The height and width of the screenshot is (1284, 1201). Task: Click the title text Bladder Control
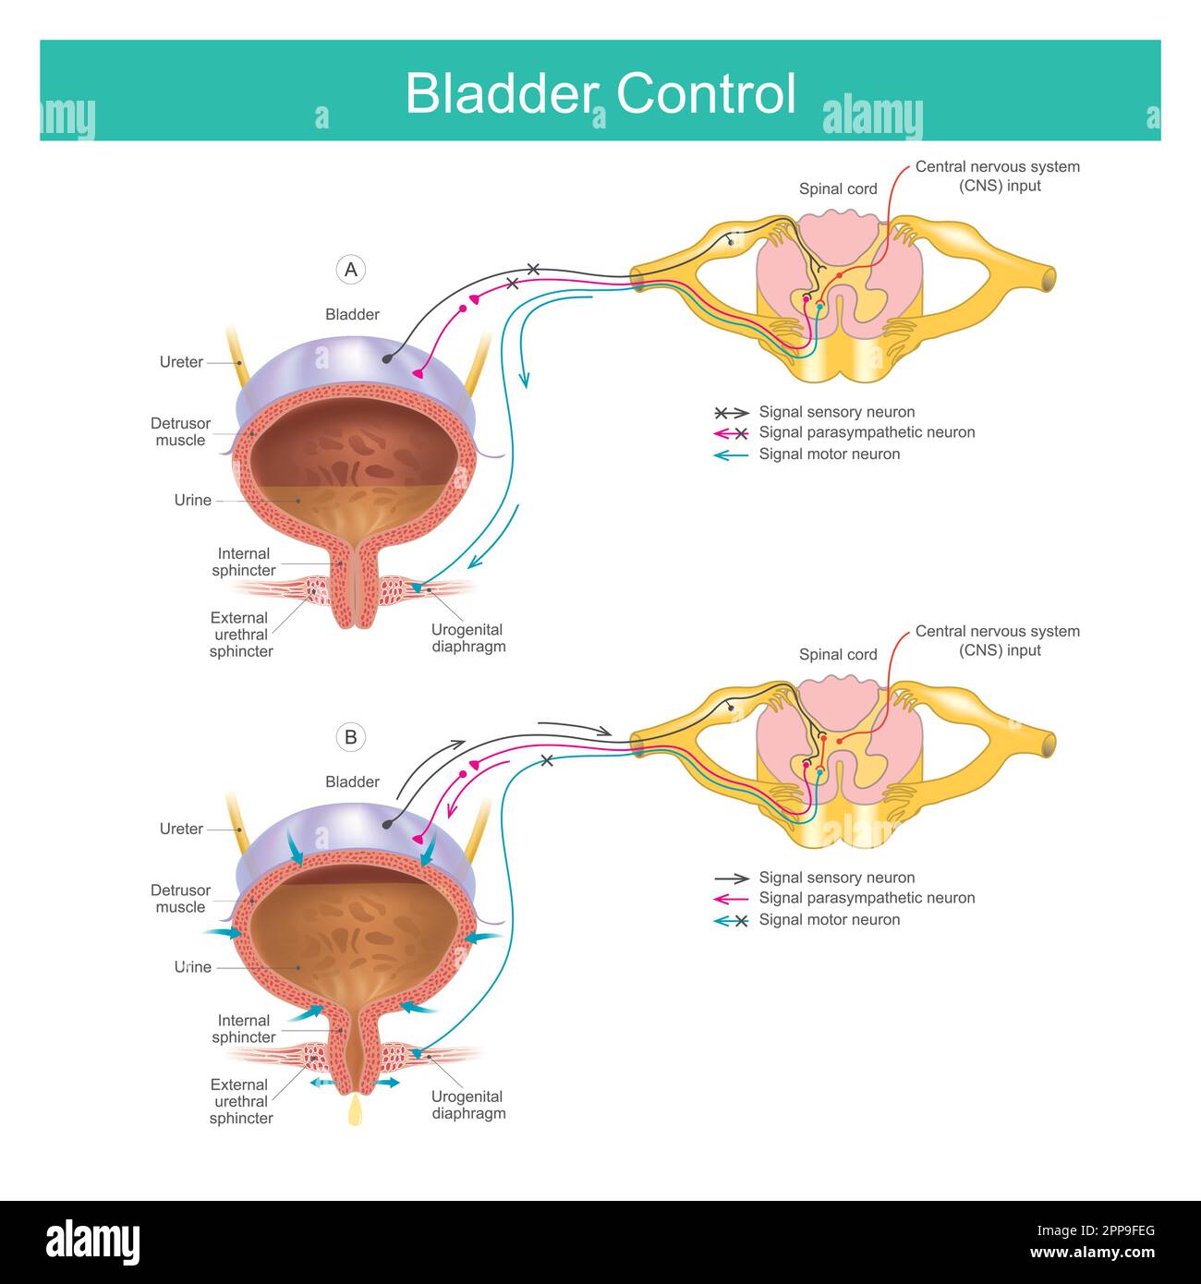pos(600,93)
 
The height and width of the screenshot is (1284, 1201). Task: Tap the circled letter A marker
pos(350,270)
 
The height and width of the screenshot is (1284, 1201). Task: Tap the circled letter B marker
pos(350,737)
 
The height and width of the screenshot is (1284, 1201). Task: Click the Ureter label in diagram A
pos(181,362)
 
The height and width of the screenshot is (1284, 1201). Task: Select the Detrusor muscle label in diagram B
pos(180,899)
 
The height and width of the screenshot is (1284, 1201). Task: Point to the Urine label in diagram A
pos(192,500)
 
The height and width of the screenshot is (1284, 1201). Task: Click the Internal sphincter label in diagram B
pos(244,1029)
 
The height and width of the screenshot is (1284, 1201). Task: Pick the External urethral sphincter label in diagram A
pos(240,635)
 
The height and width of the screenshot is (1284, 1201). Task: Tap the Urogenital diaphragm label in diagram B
pos(468,1105)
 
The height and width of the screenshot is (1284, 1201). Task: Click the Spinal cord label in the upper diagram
pos(838,189)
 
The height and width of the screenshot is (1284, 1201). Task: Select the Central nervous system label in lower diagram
pos(998,641)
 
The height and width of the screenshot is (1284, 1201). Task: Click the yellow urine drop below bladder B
pos(355,1110)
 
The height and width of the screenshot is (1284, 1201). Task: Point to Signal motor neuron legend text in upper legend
pos(829,454)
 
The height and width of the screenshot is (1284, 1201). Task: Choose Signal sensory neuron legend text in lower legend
pos(836,878)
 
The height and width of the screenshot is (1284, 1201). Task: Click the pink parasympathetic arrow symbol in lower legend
pos(731,899)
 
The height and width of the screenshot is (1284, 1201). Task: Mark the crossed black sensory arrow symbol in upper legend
pos(731,413)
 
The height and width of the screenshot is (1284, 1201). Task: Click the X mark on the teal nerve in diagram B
pos(547,760)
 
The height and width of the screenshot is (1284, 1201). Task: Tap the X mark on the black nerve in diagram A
pos(533,270)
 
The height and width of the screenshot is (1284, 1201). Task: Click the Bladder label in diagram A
pos(352,315)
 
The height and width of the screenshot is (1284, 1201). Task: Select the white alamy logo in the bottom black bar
pos(92,1242)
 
